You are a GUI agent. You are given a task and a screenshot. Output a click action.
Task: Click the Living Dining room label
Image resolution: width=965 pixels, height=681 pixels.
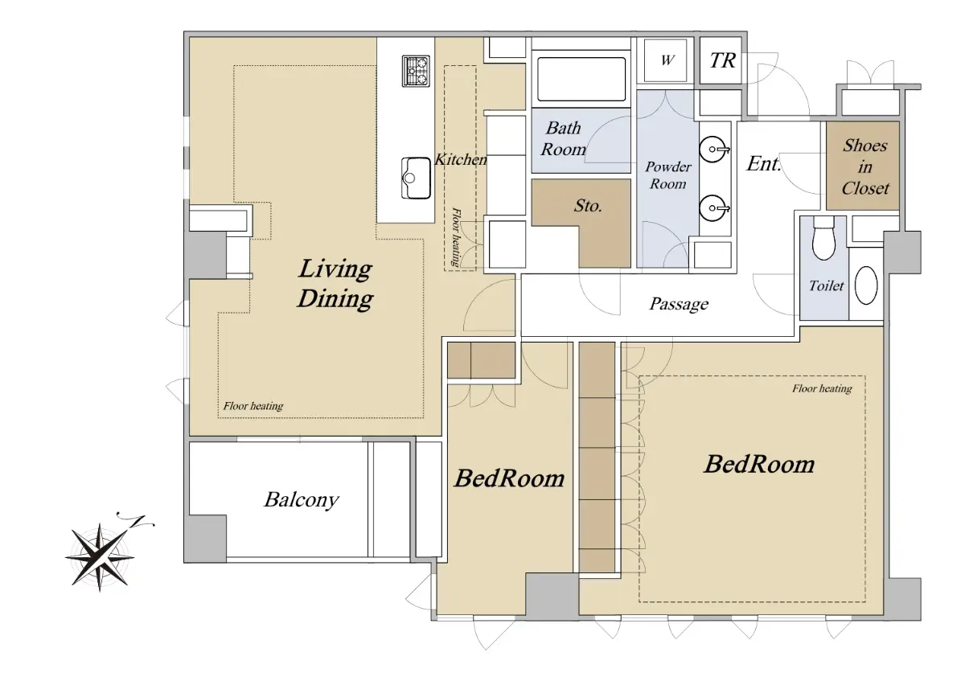(x=335, y=284)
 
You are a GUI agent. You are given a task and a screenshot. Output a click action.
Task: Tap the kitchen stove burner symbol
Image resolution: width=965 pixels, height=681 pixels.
(x=416, y=71)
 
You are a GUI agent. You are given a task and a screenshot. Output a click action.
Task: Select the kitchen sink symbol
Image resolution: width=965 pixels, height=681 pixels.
(x=416, y=178)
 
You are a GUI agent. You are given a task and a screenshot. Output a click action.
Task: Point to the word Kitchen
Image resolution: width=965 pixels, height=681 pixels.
(x=461, y=159)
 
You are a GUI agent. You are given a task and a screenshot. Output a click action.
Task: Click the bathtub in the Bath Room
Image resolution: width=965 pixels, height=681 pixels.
(x=581, y=80)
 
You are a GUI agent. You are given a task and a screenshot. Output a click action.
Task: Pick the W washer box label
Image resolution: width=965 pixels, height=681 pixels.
(x=667, y=59)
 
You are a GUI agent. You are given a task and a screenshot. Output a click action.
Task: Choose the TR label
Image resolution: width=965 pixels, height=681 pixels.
(x=722, y=60)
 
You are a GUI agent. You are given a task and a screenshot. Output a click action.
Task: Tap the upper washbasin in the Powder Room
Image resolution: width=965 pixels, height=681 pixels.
(x=714, y=150)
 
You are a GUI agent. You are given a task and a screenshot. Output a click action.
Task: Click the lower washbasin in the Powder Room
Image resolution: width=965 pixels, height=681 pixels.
(x=714, y=208)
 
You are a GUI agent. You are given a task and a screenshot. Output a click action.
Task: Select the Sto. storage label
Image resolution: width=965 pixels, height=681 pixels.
(x=588, y=206)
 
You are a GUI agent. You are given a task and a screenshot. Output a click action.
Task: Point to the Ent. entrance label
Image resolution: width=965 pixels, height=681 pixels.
(x=763, y=164)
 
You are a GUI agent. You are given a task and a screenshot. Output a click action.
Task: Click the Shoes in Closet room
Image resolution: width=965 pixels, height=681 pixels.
(x=862, y=166)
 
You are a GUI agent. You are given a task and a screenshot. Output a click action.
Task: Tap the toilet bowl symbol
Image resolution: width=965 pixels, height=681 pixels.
(x=823, y=238)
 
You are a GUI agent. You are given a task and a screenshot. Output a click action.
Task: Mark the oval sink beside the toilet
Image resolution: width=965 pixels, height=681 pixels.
(x=866, y=285)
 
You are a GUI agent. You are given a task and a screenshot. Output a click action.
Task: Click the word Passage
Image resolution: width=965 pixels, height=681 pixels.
(x=679, y=304)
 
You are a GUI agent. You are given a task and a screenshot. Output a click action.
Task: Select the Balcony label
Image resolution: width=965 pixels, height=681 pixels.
(x=302, y=499)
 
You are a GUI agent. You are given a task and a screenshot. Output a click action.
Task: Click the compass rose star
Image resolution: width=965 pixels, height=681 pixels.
(x=100, y=557)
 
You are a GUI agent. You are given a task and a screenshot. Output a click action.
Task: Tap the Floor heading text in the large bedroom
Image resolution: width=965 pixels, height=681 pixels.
(x=822, y=388)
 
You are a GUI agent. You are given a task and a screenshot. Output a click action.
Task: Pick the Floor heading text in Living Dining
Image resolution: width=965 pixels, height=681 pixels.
(x=253, y=406)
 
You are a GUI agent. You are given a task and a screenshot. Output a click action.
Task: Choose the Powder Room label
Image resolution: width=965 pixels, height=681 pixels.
(x=667, y=175)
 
